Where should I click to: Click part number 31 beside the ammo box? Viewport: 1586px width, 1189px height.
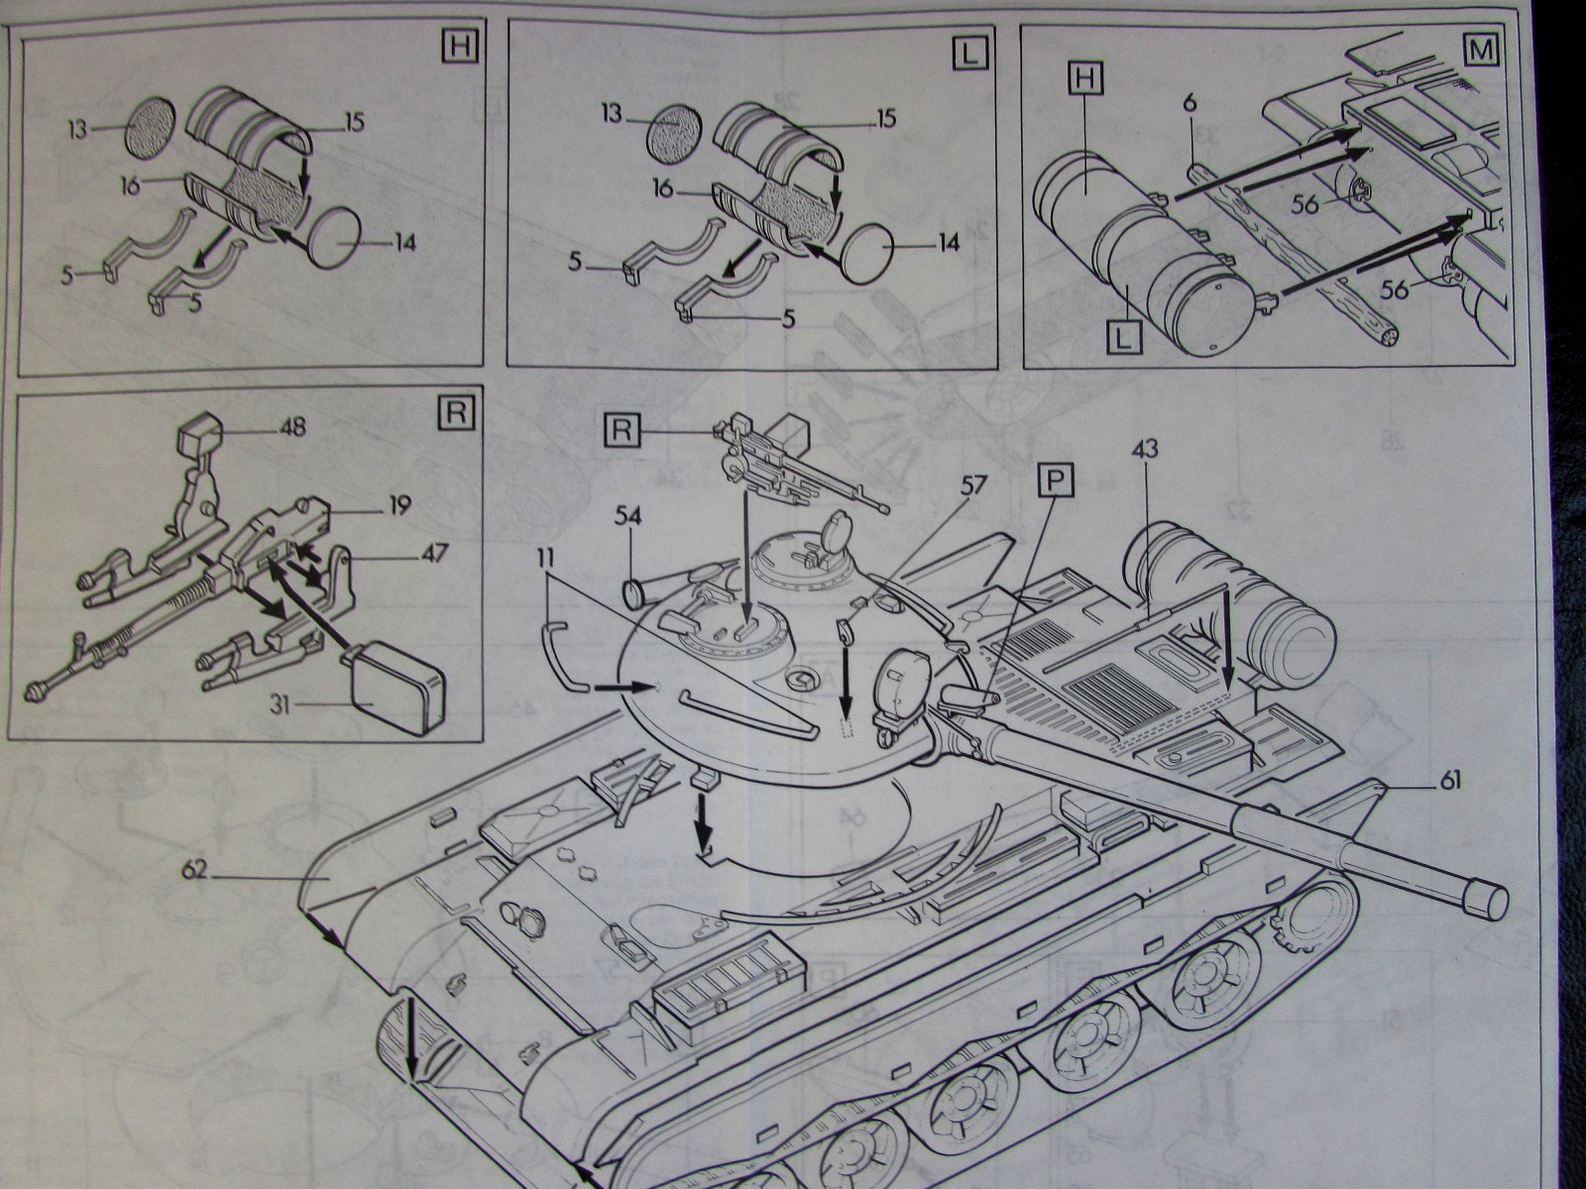[x=280, y=704]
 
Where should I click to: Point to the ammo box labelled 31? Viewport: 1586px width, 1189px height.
[x=396, y=692]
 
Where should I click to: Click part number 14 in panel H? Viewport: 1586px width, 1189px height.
[x=404, y=244]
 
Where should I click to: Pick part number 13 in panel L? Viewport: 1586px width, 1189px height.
[x=614, y=114]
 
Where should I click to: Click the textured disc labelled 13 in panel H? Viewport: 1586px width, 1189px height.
[x=151, y=127]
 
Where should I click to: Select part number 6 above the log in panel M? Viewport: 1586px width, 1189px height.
[x=1190, y=103]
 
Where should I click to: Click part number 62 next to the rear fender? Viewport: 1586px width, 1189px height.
[x=194, y=872]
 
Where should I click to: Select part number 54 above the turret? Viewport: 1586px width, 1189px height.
[x=628, y=517]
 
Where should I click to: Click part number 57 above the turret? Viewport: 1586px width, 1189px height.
[x=972, y=486]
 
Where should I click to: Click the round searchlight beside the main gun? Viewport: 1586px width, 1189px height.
[x=903, y=686]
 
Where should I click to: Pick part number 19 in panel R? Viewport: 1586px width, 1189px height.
[x=399, y=504]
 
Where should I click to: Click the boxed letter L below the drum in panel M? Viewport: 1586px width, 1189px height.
[x=1123, y=337]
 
